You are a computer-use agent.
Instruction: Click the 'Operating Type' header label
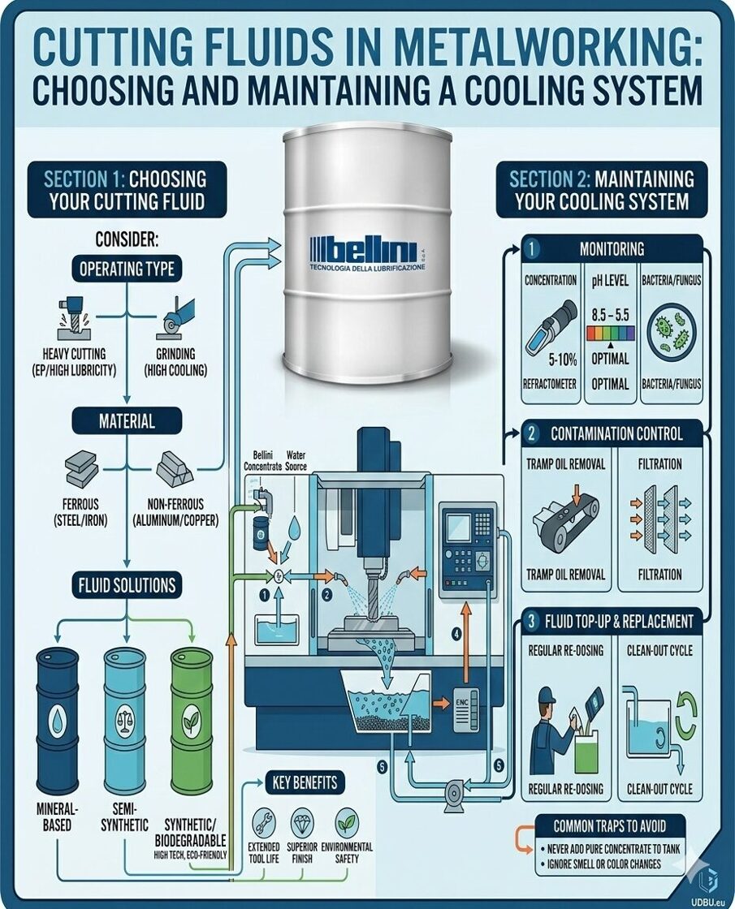point(126,269)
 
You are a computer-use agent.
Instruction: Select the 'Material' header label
point(126,421)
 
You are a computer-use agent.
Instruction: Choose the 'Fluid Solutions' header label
point(126,584)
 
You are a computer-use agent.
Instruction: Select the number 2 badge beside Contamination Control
point(532,433)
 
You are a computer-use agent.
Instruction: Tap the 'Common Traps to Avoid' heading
point(610,826)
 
